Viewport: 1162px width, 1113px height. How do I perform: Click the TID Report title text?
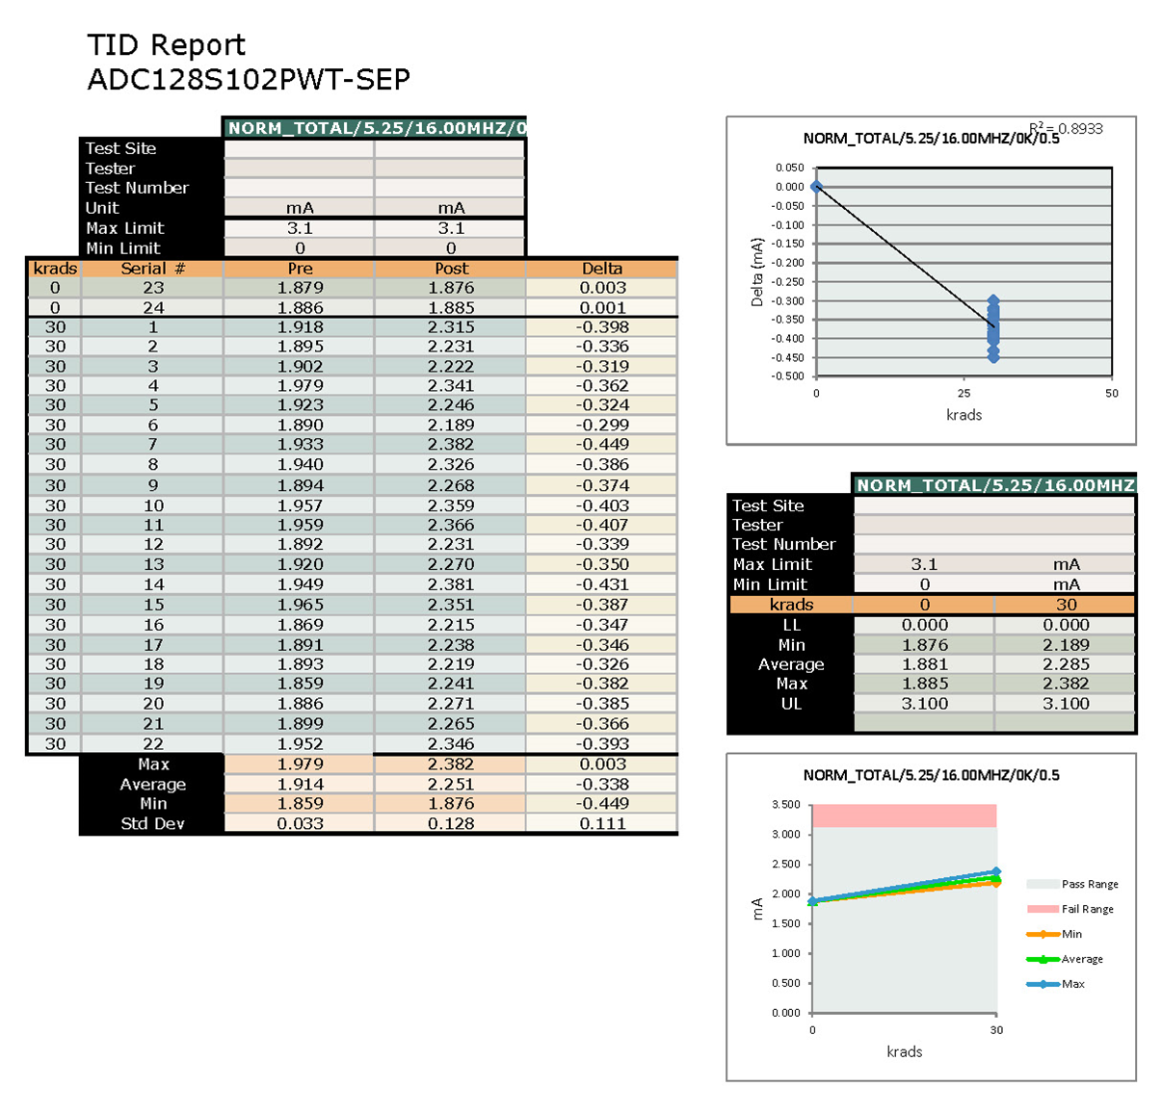pyautogui.click(x=166, y=45)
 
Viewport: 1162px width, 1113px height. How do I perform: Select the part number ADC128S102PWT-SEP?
pyautogui.click(x=249, y=79)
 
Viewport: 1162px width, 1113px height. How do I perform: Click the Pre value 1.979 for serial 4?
pyautogui.click(x=300, y=385)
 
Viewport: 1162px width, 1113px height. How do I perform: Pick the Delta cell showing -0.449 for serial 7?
pyautogui.click(x=602, y=444)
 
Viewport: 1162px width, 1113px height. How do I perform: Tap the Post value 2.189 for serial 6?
pyautogui.click(x=451, y=425)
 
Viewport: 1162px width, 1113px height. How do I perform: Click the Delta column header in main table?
pyautogui.click(x=602, y=268)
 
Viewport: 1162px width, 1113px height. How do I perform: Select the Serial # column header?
pyautogui.click(x=152, y=268)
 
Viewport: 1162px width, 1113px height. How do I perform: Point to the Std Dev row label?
pyautogui.click(x=152, y=823)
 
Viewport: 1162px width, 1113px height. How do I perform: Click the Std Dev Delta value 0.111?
pyautogui.click(x=602, y=823)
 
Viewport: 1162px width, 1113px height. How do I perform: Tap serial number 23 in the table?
pyautogui.click(x=153, y=287)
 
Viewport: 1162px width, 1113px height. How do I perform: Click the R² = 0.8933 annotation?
pyautogui.click(x=1066, y=128)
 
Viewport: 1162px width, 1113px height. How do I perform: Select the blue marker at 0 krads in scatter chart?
pyautogui.click(x=816, y=187)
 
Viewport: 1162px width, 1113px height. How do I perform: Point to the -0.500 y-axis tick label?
pyautogui.click(x=789, y=376)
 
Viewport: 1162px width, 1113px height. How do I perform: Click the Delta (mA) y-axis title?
pyautogui.click(x=756, y=272)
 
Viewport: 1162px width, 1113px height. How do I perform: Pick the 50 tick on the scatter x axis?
pyautogui.click(x=1112, y=393)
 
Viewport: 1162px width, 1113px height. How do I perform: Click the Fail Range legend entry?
pyautogui.click(x=1086, y=909)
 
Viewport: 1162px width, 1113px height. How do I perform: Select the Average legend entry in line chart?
pyautogui.click(x=1081, y=959)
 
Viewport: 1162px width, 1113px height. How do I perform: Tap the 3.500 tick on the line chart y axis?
pyautogui.click(x=786, y=804)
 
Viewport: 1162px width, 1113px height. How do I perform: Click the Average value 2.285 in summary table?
pyautogui.click(x=1066, y=664)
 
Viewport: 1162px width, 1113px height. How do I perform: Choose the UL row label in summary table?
pyautogui.click(x=791, y=704)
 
